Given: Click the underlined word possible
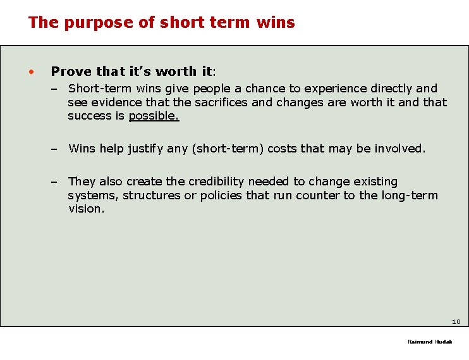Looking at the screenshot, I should (154, 116).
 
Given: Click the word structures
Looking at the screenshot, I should (151, 195).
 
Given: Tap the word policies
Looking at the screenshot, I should (221, 195).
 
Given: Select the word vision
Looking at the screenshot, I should (86, 209).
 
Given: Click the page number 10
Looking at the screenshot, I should (456, 321).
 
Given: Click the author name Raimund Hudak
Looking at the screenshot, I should (430, 342).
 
